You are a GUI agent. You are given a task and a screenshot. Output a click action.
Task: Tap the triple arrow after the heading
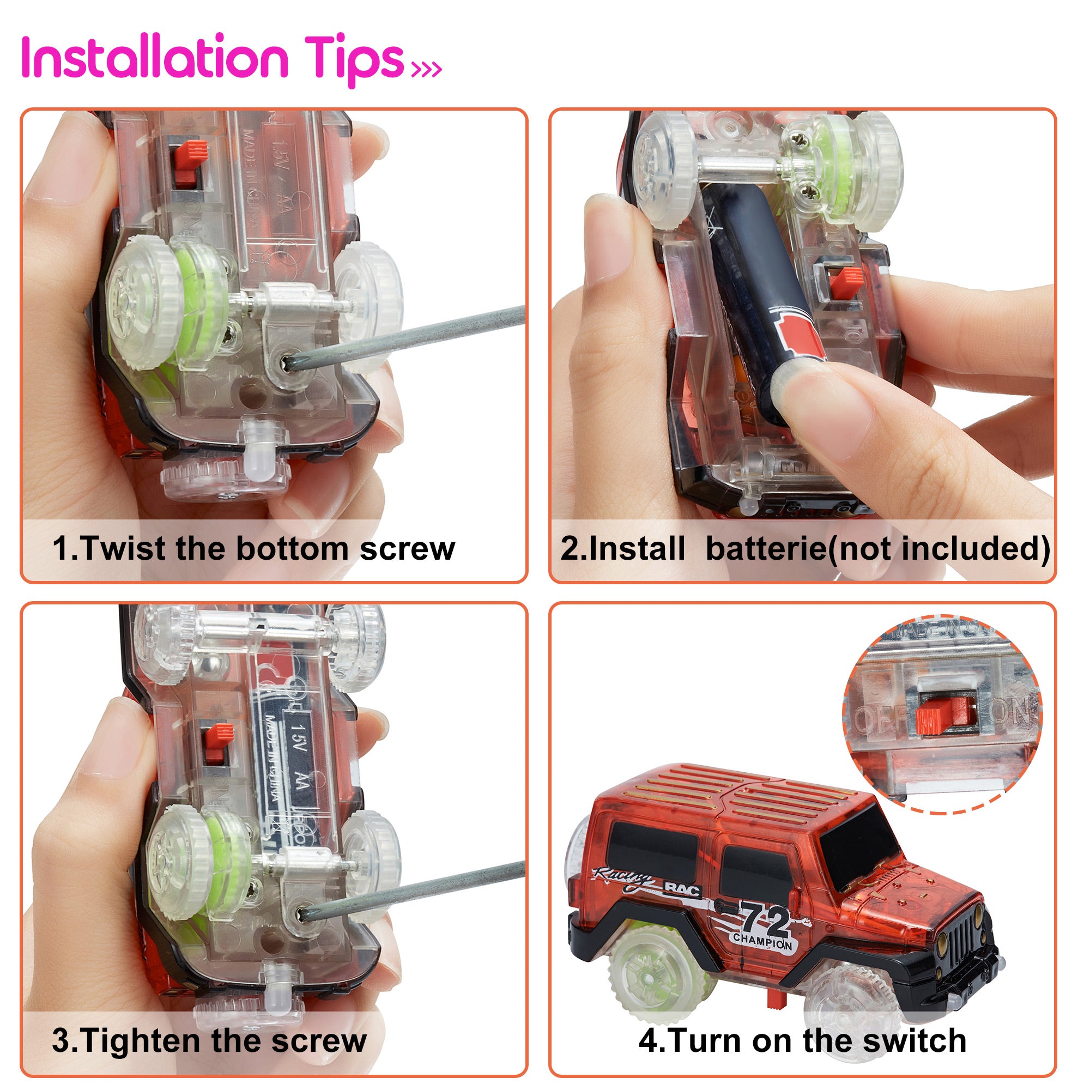427,69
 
